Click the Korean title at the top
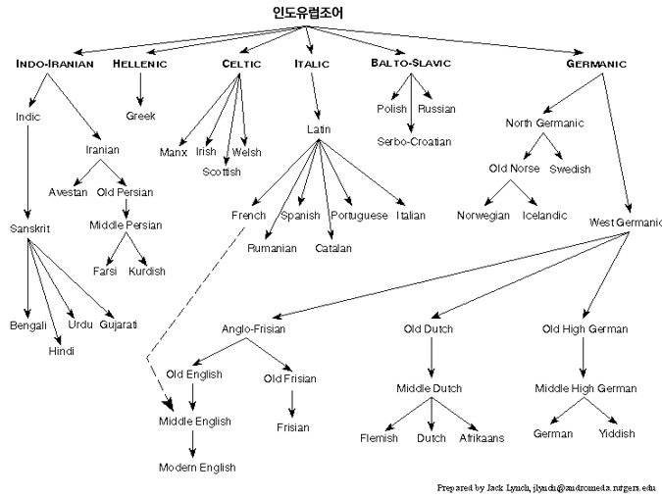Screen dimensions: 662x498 308,12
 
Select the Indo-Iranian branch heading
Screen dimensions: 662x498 55,64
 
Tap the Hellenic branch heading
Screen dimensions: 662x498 139,64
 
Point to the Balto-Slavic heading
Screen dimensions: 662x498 411,63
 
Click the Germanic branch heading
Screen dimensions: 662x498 596,64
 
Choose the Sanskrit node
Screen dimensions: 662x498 30,228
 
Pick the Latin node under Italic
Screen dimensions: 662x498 319,129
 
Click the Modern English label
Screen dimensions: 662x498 197,468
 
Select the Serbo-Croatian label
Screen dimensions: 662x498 414,142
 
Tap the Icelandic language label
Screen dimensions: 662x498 544,216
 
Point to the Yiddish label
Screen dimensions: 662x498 617,433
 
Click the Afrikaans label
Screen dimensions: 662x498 482,438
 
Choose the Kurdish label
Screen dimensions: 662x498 147,271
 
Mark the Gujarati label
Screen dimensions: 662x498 119,324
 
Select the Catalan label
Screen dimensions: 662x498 333,248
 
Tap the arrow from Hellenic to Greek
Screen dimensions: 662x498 140,89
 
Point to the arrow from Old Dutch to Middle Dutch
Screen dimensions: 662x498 432,357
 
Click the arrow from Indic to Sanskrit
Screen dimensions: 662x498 27,172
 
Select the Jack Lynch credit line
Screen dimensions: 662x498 546,488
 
